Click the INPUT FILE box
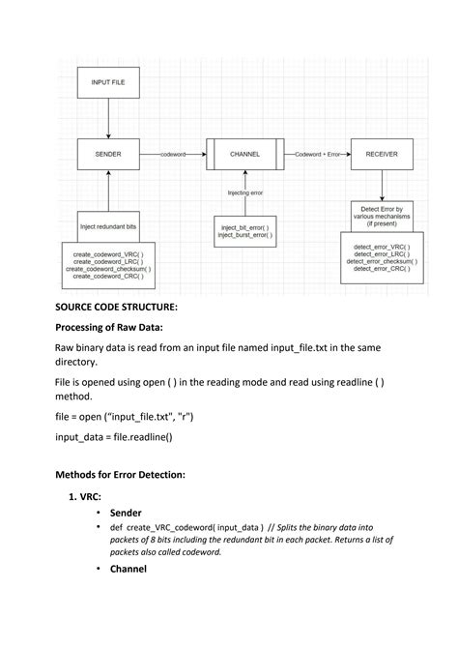(x=107, y=83)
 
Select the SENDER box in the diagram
(x=107, y=154)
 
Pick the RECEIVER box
(x=381, y=154)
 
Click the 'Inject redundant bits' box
(x=107, y=226)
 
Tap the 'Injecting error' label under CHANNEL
(x=244, y=192)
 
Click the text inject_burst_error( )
(x=244, y=235)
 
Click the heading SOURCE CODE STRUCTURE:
(x=116, y=307)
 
